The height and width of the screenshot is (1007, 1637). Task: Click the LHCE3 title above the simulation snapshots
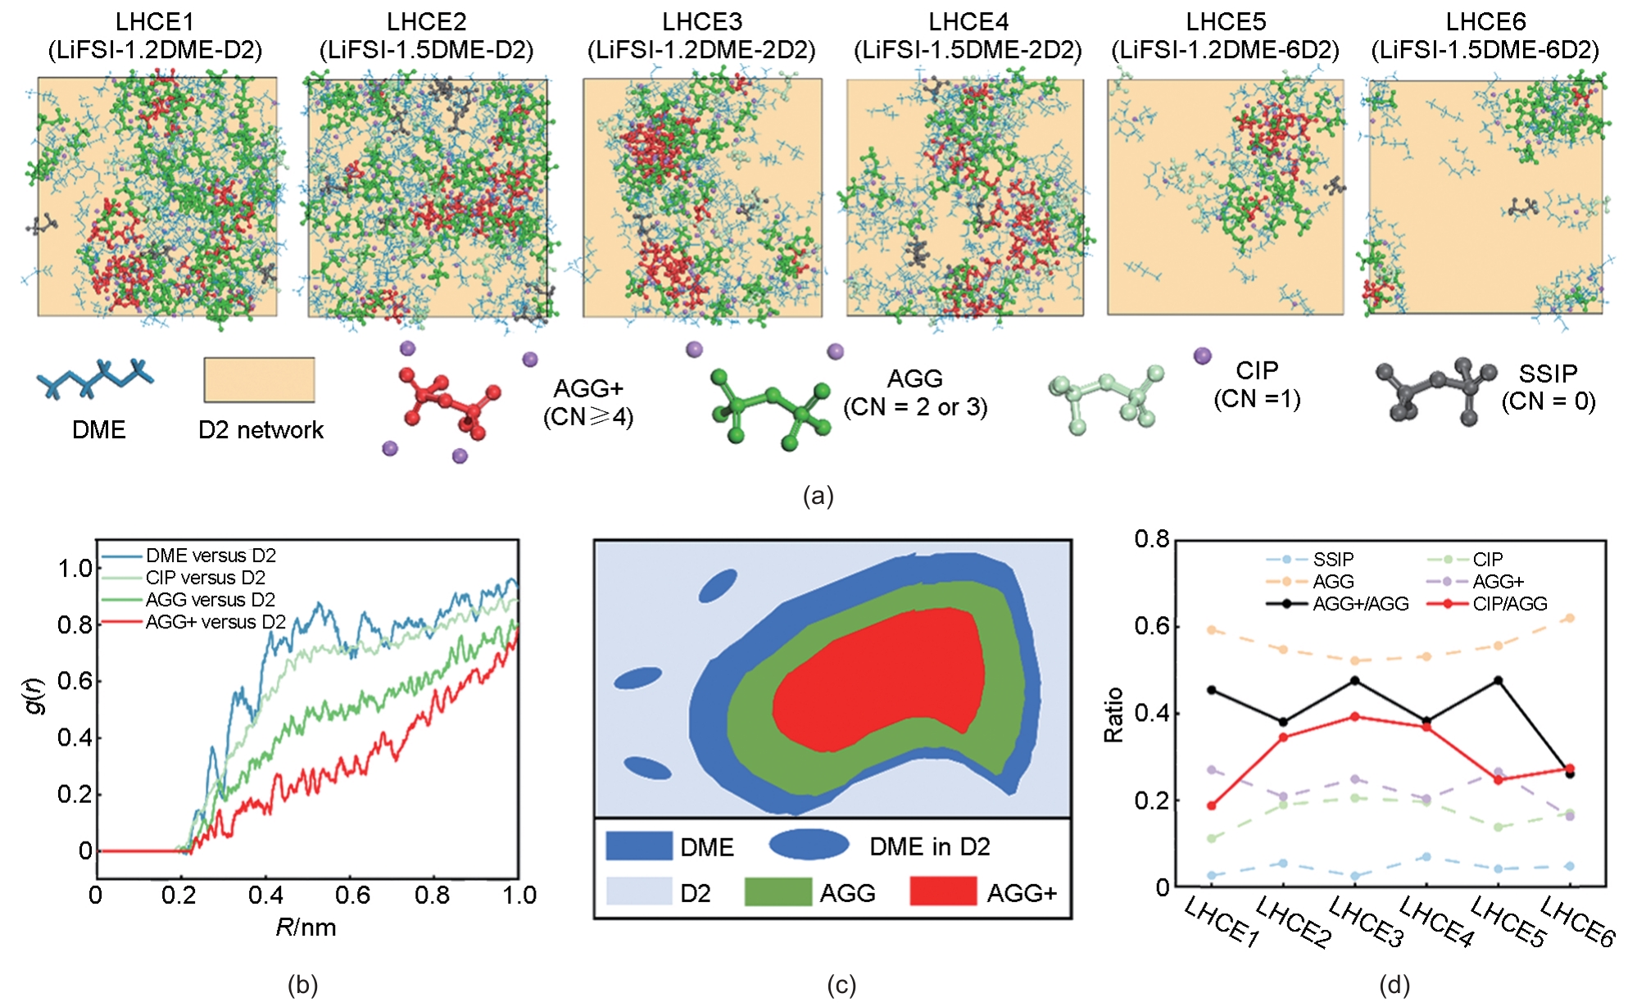pyautogui.click(x=701, y=22)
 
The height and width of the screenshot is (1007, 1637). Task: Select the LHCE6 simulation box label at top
pyautogui.click(x=1485, y=22)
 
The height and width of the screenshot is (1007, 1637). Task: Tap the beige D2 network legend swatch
pyautogui.click(x=259, y=379)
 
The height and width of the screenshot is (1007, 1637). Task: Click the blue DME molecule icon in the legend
pyautogui.click(x=95, y=379)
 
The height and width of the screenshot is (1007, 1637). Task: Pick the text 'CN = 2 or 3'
pyautogui.click(x=915, y=406)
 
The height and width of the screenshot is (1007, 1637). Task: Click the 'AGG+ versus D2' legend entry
pyautogui.click(x=215, y=622)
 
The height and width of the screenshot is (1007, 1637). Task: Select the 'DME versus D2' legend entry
pyautogui.click(x=211, y=556)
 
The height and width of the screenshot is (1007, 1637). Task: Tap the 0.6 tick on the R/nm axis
pyautogui.click(x=352, y=896)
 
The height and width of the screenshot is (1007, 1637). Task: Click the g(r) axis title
pyautogui.click(x=34, y=696)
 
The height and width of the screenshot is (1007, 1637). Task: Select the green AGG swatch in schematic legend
pyautogui.click(x=777, y=891)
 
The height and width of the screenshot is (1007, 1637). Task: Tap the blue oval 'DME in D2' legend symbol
pyautogui.click(x=809, y=845)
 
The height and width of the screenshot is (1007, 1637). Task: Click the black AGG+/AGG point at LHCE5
pyautogui.click(x=1499, y=681)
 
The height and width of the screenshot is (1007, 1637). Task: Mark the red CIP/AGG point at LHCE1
pyautogui.click(x=1212, y=805)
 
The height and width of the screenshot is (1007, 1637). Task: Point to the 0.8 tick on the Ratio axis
pyautogui.click(x=1151, y=539)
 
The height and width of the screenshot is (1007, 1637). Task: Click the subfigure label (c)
pyautogui.click(x=841, y=985)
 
